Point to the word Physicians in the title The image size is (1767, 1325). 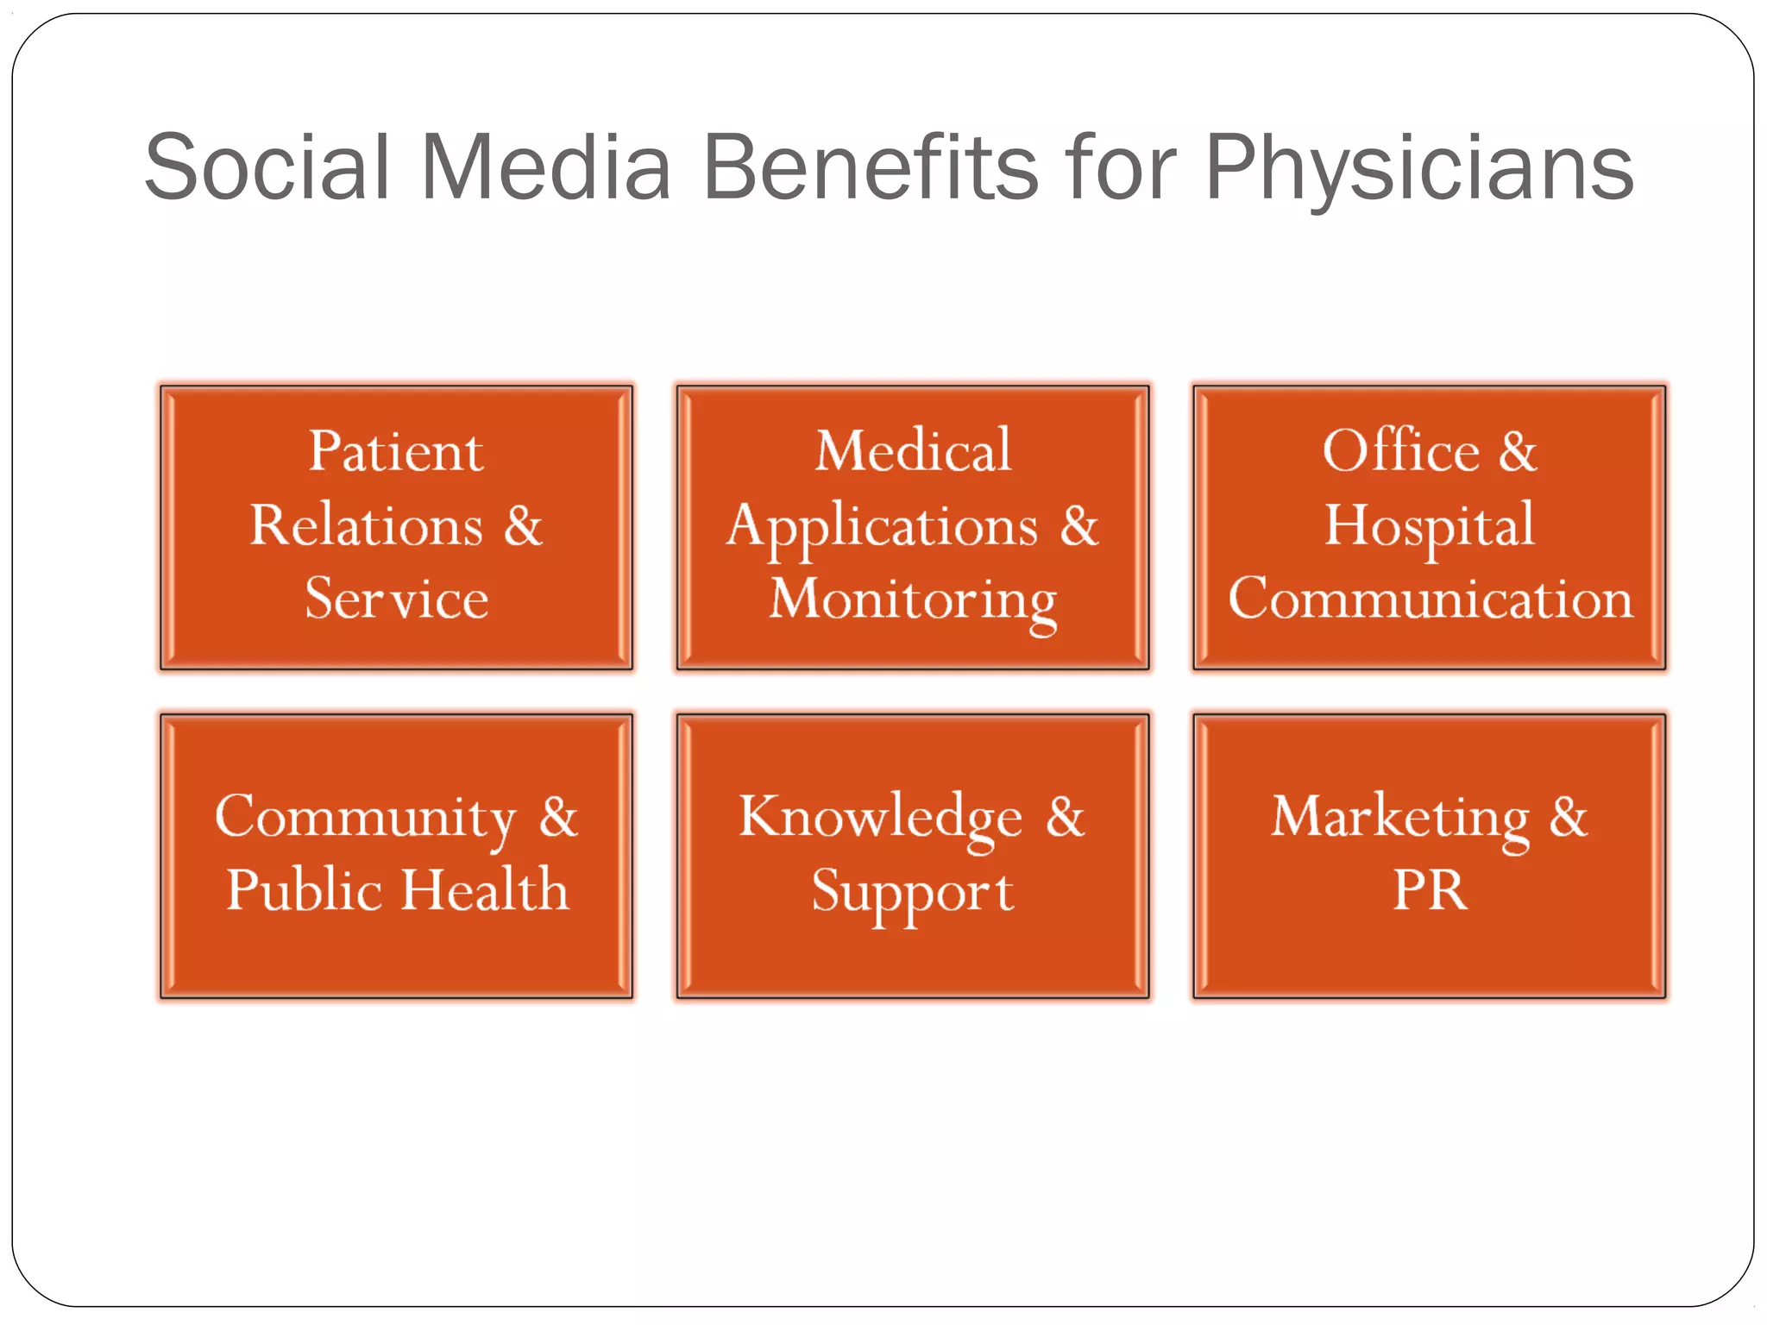(1418, 169)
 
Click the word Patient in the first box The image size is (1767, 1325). (396, 451)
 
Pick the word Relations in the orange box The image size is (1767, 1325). (366, 524)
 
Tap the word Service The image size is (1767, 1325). (396, 598)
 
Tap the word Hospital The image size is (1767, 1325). (1430, 526)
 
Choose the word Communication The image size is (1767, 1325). (1430, 598)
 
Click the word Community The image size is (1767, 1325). (365, 818)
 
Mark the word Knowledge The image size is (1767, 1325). (880, 818)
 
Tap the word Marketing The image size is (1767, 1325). (1399, 818)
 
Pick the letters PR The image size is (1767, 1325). (1430, 889)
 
